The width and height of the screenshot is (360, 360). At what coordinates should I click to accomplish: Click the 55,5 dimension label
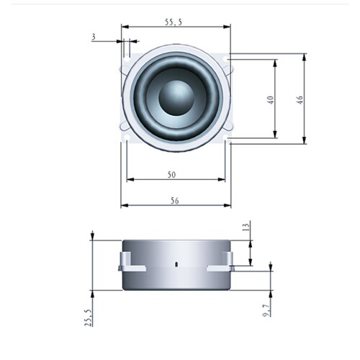(x=174, y=22)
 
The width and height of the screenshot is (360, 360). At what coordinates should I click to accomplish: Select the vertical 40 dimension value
(x=269, y=99)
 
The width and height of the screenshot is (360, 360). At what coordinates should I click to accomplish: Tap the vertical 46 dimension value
(x=299, y=99)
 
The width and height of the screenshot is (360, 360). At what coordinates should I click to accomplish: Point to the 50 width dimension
(x=172, y=175)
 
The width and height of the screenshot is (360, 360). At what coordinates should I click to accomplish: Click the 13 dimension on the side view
(x=246, y=228)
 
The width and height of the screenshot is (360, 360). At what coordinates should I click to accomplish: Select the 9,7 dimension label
(x=266, y=309)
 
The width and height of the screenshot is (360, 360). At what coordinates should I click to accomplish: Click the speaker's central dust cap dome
(x=176, y=97)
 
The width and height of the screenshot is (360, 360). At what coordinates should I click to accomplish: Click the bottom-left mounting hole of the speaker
(x=127, y=135)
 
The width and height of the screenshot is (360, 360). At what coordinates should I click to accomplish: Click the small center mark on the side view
(x=176, y=264)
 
